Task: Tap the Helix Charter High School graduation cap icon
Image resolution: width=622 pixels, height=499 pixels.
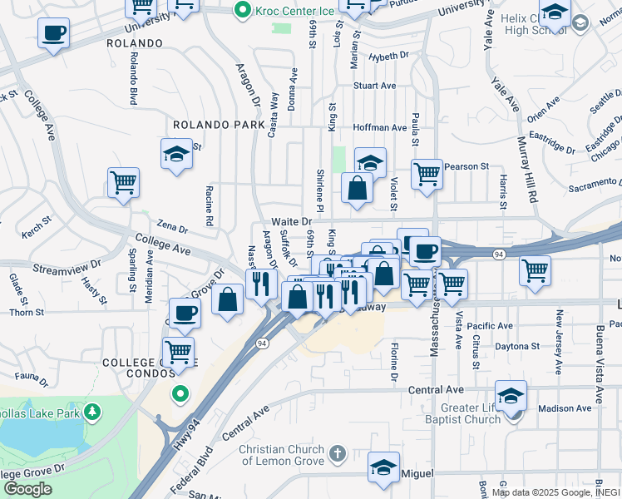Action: (x=555, y=14)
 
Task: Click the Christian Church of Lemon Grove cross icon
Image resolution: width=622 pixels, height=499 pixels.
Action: (x=337, y=453)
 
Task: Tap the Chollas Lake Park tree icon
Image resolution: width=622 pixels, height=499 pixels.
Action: (x=92, y=411)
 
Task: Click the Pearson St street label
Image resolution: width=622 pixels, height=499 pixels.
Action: (x=466, y=166)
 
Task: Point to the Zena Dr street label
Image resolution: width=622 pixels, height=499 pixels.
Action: (x=172, y=226)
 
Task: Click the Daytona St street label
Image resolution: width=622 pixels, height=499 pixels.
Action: (x=516, y=346)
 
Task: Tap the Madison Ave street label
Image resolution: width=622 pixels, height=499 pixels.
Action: (x=564, y=408)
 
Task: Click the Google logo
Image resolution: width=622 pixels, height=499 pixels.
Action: (x=27, y=489)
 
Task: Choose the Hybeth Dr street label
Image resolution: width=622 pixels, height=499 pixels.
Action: (x=389, y=56)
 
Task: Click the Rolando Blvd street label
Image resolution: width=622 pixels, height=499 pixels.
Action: (x=132, y=79)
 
